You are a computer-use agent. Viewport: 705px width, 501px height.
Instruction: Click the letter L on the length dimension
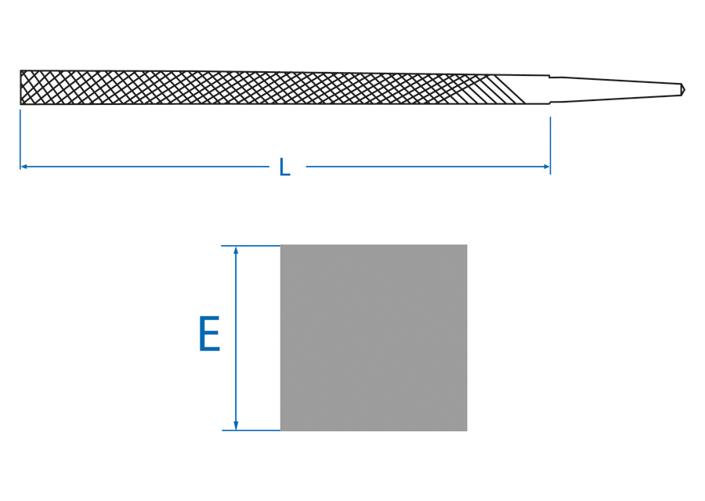pyautogui.click(x=284, y=167)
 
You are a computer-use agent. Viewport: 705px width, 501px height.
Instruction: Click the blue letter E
pyautogui.click(x=209, y=335)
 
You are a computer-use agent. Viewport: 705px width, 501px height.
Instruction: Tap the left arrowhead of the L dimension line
pyautogui.click(x=24, y=167)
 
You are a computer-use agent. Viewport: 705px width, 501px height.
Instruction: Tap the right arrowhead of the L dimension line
pyautogui.click(x=546, y=167)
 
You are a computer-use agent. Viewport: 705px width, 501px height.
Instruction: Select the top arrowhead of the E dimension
pyautogui.click(x=236, y=250)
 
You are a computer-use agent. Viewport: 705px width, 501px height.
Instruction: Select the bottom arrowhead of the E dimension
pyautogui.click(x=236, y=425)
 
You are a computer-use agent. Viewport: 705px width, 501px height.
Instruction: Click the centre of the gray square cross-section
pyautogui.click(x=374, y=337)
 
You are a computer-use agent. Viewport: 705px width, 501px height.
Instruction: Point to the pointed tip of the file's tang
pyautogui.click(x=683, y=89)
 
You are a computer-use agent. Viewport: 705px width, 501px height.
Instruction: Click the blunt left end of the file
pyautogui.click(x=21, y=87)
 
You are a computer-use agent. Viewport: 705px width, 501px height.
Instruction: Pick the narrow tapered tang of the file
pyautogui.click(x=619, y=89)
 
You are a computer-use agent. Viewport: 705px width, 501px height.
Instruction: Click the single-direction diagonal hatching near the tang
pyautogui.click(x=505, y=89)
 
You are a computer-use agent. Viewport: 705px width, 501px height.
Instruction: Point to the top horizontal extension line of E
pyautogui.click(x=251, y=246)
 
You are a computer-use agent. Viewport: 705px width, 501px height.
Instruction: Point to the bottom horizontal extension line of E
pyautogui.click(x=251, y=430)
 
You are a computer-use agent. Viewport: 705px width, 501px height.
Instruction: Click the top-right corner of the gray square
pyautogui.click(x=467, y=246)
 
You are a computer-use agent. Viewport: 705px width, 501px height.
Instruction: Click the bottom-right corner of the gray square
pyautogui.click(x=467, y=430)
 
